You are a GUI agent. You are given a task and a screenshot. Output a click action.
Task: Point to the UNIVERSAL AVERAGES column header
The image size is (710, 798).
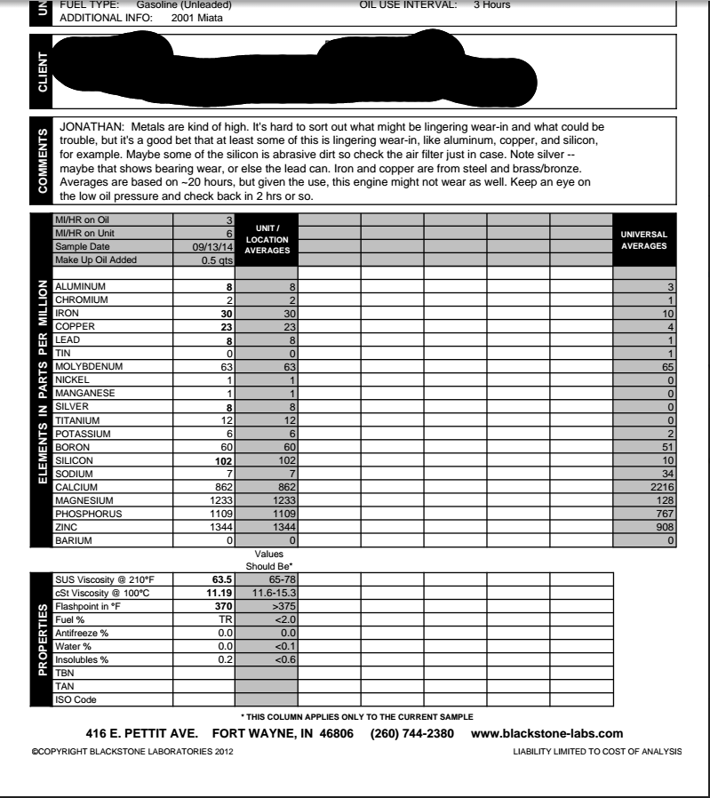click(645, 239)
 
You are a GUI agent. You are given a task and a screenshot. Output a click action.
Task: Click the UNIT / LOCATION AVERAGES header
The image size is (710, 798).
click(267, 240)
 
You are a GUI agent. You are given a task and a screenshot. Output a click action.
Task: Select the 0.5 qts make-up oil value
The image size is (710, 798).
click(215, 259)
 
